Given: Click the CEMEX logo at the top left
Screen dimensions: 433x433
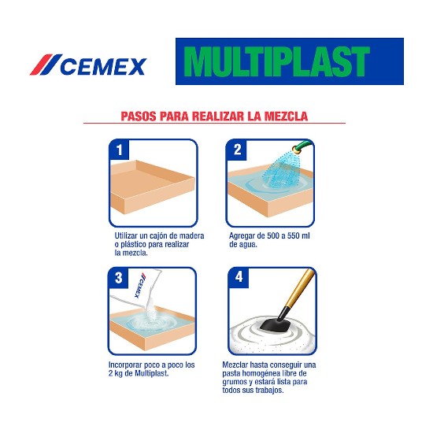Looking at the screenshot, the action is tap(88, 65).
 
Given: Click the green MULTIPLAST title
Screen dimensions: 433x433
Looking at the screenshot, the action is tap(276, 61).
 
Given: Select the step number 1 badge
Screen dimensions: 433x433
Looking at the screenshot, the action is tap(120, 150).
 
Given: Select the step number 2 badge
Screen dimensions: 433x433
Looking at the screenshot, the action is tap(237, 150).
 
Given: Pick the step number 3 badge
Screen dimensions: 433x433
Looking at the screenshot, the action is tap(118, 278).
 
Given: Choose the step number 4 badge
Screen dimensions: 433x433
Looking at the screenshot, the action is tap(239, 277).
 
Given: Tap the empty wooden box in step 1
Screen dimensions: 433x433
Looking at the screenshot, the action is tap(152, 186).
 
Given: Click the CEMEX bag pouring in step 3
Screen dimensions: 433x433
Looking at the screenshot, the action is tap(137, 290).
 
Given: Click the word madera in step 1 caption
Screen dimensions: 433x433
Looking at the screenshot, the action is tap(191, 236).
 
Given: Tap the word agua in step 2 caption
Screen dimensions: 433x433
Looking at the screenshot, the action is tap(248, 245).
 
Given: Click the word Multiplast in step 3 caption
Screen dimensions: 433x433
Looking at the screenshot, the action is tap(152, 374).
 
